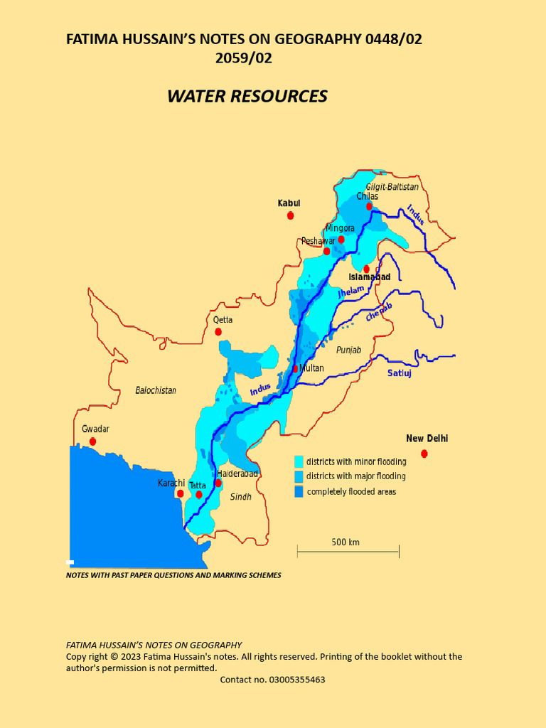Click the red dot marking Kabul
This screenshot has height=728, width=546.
click(x=290, y=215)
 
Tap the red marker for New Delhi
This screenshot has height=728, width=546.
click(x=424, y=454)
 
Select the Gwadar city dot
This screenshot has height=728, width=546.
click(x=92, y=441)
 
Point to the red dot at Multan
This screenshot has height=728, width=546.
click(x=295, y=369)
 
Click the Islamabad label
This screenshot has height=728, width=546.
click(x=369, y=277)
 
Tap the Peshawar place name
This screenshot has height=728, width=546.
click(x=318, y=241)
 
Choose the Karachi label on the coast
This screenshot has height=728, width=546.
click(x=171, y=483)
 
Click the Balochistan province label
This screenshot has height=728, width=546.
click(x=156, y=390)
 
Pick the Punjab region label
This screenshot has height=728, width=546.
click(x=348, y=350)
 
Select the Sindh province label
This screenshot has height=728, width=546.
click(x=241, y=497)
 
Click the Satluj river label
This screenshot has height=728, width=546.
click(x=400, y=373)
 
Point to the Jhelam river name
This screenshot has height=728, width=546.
click(x=350, y=291)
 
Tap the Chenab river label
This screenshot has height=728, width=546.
click(x=379, y=313)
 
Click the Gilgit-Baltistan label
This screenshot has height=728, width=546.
click(x=392, y=186)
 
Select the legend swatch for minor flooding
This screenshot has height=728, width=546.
click(x=299, y=461)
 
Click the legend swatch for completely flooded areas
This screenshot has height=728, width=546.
click(x=299, y=491)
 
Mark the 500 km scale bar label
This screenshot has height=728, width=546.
click(x=346, y=542)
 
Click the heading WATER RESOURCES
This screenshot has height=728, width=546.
click(x=247, y=97)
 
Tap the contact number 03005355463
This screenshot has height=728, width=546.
click(x=272, y=680)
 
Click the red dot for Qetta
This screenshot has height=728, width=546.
click(x=218, y=332)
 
